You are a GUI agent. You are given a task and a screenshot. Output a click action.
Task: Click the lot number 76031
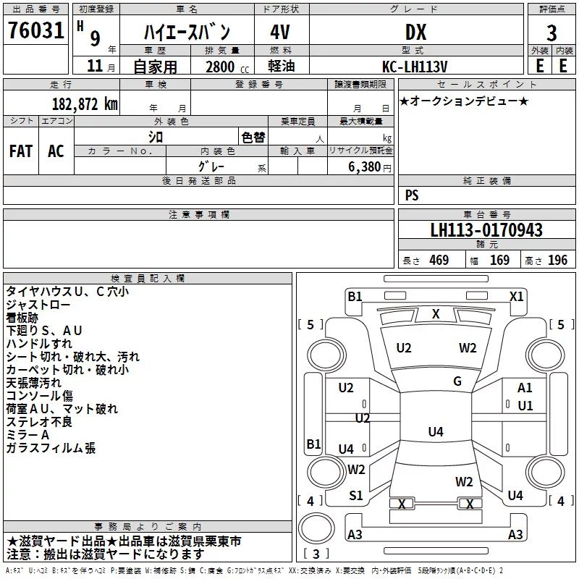pyautogui.click(x=35, y=30)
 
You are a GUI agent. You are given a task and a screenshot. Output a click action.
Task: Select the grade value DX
pyautogui.click(x=415, y=32)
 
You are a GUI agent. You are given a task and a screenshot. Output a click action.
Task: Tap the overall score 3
pyautogui.click(x=551, y=33)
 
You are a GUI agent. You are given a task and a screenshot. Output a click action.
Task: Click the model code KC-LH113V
pyautogui.click(x=415, y=67)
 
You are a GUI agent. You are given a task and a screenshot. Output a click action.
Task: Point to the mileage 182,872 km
pyautogui.click(x=85, y=104)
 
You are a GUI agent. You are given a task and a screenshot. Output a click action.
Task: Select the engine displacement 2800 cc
pyautogui.click(x=227, y=67)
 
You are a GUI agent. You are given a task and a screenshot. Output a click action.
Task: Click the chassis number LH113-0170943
pyautogui.click(x=486, y=230)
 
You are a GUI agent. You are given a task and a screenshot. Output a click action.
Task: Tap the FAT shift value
pyautogui.click(x=21, y=151)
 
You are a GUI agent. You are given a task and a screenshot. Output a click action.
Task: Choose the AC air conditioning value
pyautogui.click(x=56, y=151)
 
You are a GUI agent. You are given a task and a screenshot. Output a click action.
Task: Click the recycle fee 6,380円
pyautogui.click(x=370, y=167)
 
